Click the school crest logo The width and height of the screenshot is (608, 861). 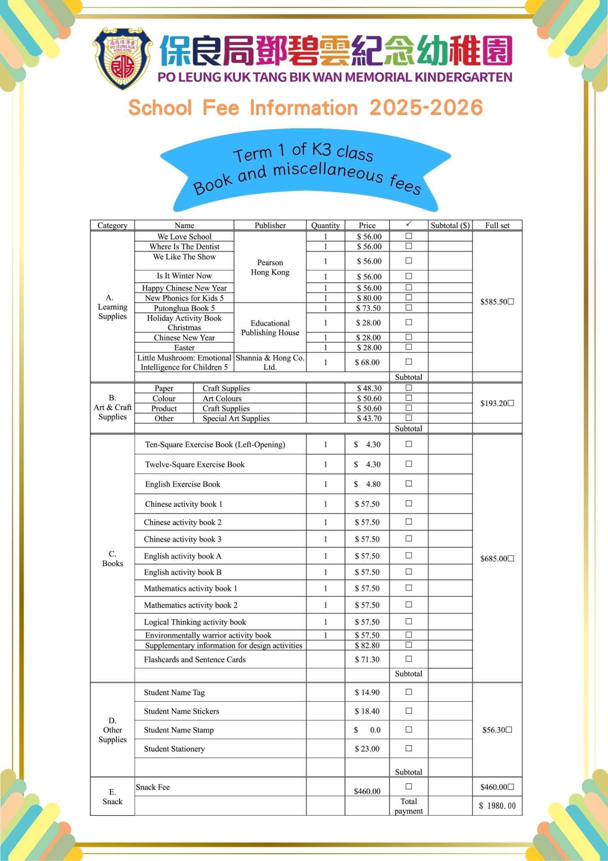[x=123, y=59]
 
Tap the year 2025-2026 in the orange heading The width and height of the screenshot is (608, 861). [x=426, y=108]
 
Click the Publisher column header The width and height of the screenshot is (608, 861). [x=270, y=225]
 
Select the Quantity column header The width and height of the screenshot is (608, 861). [x=325, y=225]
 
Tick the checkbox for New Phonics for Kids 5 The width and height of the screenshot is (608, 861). [x=409, y=297]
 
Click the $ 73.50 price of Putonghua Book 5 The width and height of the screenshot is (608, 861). [x=368, y=308]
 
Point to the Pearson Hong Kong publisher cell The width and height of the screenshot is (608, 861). [x=270, y=267]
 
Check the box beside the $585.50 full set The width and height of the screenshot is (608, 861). [x=511, y=302]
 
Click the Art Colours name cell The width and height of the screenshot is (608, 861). [x=222, y=399]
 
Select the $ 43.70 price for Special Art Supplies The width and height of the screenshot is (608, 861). [x=369, y=418]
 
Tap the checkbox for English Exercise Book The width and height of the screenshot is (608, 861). [x=409, y=484]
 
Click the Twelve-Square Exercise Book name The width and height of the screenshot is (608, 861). [x=195, y=465]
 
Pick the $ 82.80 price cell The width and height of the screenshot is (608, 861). [x=367, y=645]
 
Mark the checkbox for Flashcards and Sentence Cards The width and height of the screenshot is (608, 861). [x=409, y=659]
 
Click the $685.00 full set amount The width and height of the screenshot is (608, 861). [x=494, y=559]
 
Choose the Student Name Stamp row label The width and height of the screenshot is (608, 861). [x=179, y=730]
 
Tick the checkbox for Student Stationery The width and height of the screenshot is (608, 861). [x=409, y=749]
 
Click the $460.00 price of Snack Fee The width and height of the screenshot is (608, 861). [x=367, y=791]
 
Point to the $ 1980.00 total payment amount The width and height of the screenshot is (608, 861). [x=497, y=806]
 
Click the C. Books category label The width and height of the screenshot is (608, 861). [x=112, y=559]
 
